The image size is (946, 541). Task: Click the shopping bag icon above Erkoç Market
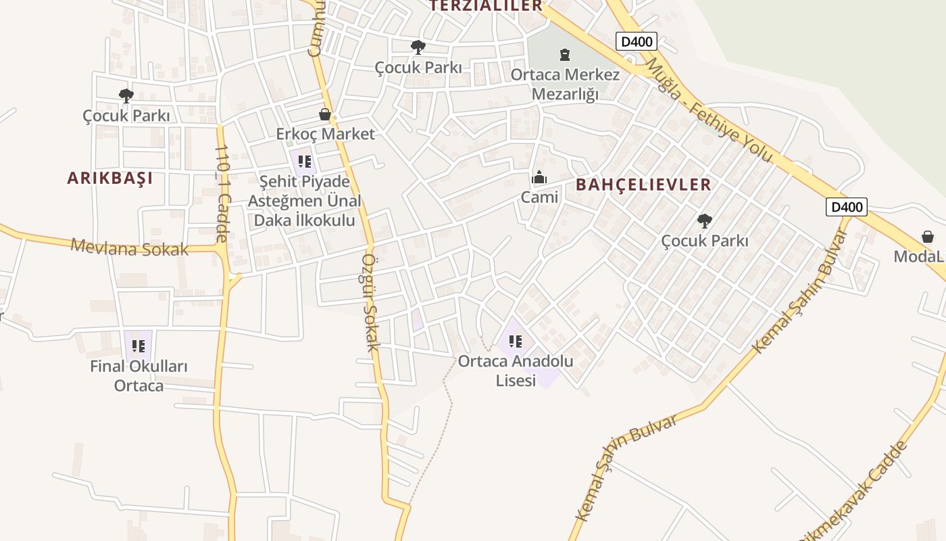(325, 114)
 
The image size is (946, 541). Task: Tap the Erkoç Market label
(325, 134)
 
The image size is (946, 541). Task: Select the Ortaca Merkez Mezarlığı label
(565, 84)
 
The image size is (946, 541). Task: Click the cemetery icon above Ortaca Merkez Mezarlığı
(565, 54)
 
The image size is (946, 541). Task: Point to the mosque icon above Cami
(539, 178)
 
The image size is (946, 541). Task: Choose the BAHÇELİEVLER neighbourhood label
(643, 185)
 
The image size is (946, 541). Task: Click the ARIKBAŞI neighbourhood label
(109, 178)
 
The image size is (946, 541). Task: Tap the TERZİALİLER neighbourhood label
(487, 6)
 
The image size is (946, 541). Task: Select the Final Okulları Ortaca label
(139, 376)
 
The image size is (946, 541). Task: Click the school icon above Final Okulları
(139, 346)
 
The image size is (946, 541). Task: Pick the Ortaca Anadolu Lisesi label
(516, 370)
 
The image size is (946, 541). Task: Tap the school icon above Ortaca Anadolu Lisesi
(516, 342)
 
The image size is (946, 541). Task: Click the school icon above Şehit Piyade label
(305, 162)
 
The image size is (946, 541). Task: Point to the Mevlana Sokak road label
(130, 248)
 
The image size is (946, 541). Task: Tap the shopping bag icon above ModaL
(928, 237)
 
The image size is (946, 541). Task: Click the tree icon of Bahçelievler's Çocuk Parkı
(705, 220)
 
